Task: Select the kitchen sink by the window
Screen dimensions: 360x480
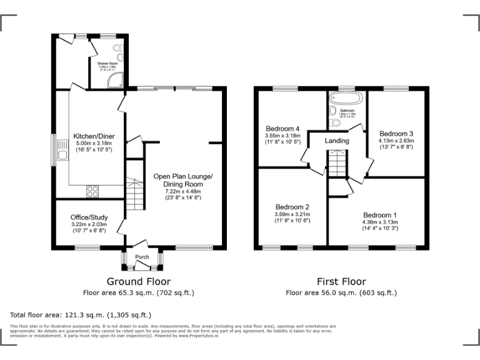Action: [x=62, y=150]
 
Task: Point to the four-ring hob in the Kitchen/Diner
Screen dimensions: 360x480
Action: [x=92, y=191]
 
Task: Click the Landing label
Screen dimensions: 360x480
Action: [x=336, y=141]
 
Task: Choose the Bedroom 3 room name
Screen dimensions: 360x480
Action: [x=396, y=134]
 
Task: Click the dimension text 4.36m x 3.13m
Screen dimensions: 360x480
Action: [x=384, y=222]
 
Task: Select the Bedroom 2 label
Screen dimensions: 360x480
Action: [x=292, y=207]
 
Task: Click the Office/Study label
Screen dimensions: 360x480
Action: [x=91, y=217]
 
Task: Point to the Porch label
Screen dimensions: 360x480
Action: [x=142, y=256]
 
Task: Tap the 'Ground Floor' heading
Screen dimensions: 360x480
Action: [x=138, y=281]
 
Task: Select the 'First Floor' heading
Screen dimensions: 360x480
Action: [x=341, y=281]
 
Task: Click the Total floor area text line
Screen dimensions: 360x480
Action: [x=81, y=314]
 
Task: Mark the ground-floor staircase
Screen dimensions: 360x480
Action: [x=136, y=194]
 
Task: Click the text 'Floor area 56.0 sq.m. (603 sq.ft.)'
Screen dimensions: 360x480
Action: [x=341, y=292]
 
